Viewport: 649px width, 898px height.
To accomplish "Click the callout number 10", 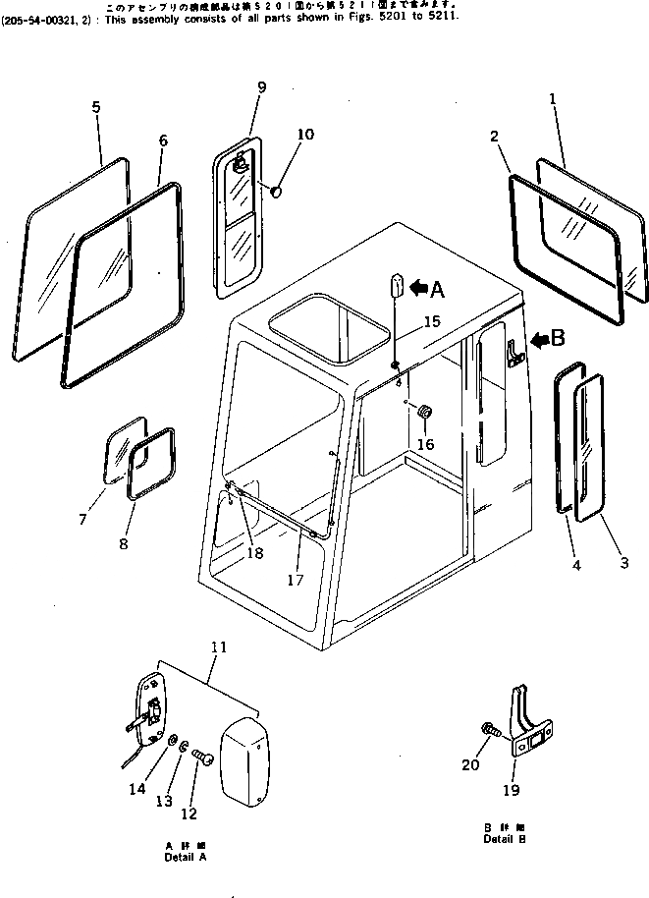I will click(x=305, y=134).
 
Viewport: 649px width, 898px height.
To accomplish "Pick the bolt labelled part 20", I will click(x=488, y=730).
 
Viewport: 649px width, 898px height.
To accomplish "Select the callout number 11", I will click(x=217, y=648).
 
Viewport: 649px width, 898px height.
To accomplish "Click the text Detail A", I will click(x=186, y=857).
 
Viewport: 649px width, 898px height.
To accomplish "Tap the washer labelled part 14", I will click(x=173, y=740).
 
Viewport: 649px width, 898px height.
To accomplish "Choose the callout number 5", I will click(x=96, y=107).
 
